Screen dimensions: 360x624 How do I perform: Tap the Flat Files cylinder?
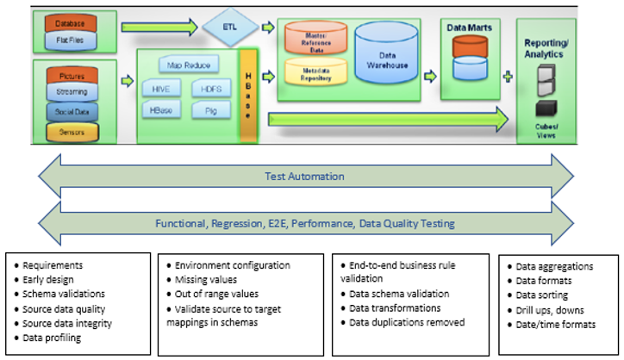pyautogui.click(x=70, y=39)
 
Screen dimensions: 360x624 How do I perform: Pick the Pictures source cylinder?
pyautogui.click(x=72, y=76)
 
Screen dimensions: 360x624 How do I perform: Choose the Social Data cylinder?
pyautogui.click(x=72, y=113)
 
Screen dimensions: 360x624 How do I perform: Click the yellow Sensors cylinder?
pyautogui.click(x=72, y=133)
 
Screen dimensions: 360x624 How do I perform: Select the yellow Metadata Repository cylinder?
pyautogui.click(x=315, y=75)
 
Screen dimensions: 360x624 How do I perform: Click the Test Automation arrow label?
pyautogui.click(x=306, y=177)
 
